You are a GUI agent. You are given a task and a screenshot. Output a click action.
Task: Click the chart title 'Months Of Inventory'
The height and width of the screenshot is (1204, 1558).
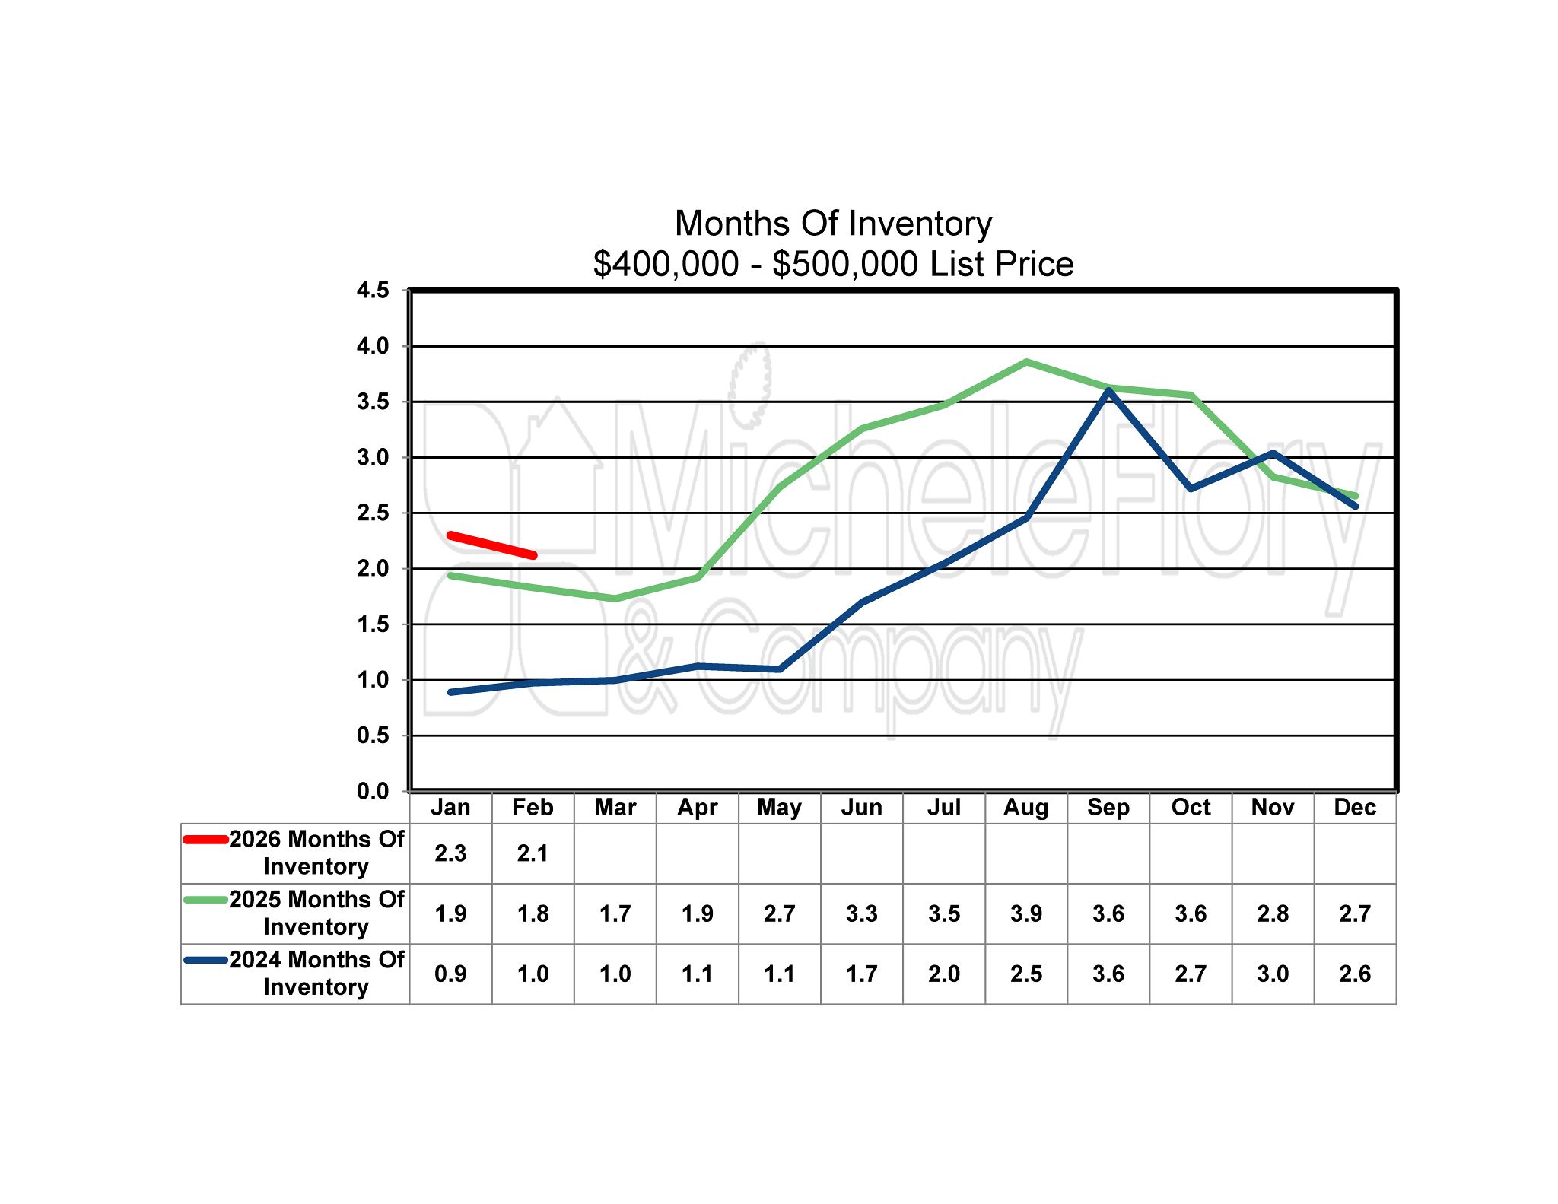point(833,224)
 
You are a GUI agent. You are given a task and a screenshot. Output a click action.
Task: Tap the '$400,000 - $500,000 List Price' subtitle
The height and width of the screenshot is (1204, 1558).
point(833,264)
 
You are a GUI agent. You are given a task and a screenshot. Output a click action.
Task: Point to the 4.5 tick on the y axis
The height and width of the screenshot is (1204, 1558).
point(373,290)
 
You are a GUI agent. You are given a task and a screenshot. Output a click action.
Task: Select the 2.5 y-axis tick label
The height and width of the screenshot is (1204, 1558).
point(373,513)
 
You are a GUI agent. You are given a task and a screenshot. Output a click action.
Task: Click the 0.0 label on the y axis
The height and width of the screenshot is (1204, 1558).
point(373,791)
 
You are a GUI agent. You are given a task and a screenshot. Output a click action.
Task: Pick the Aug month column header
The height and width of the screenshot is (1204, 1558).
point(1025,807)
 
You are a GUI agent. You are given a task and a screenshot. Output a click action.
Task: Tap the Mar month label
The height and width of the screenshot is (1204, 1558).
point(615,807)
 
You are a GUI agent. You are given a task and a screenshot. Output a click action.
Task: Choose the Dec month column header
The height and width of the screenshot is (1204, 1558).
point(1355,807)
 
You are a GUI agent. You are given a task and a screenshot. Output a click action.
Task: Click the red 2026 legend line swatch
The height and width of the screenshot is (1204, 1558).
point(205,840)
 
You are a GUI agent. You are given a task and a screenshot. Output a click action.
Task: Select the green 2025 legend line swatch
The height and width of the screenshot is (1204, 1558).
point(205,900)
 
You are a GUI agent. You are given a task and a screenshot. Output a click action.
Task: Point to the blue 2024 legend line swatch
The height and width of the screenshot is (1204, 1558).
point(205,960)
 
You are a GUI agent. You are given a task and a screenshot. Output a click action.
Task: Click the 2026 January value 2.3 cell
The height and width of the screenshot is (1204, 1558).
point(450,853)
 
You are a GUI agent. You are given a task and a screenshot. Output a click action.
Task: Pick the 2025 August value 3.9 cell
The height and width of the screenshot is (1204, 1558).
point(1025,913)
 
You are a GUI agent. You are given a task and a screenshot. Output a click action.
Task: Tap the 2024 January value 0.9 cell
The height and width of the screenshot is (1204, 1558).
point(450,974)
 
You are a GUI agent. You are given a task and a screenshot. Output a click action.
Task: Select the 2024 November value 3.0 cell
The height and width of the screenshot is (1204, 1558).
point(1273,974)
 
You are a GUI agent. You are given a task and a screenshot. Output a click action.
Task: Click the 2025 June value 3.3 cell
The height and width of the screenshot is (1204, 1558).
point(861,913)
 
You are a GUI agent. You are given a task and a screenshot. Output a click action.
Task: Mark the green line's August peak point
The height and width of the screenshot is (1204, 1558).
point(1026,362)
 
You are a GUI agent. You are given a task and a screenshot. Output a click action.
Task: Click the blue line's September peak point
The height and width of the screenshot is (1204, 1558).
point(1108,391)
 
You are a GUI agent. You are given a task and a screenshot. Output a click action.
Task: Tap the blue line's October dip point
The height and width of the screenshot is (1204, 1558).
point(1191,488)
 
